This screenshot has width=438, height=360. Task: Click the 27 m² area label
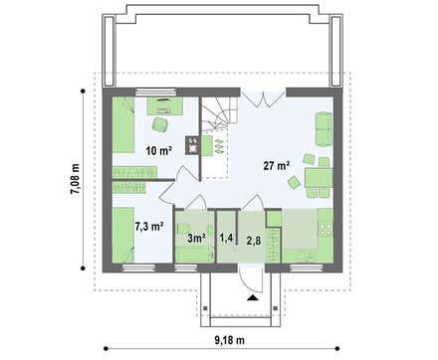277,165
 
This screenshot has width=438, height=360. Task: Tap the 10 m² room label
158,151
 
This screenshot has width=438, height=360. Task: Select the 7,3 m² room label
148,227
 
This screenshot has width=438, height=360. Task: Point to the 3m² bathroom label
196,238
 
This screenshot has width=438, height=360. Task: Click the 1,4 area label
226,238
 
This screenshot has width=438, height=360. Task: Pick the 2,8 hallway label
253,241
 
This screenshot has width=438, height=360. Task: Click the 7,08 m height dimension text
75,179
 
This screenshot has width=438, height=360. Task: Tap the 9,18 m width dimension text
229,340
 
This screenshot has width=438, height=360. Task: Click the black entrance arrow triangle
253,297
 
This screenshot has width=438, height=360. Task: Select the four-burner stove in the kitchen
325,229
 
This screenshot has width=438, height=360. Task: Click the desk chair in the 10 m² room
159,124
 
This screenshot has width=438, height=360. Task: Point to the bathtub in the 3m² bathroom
195,255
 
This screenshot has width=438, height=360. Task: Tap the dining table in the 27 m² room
319,178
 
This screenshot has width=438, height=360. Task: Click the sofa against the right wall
324,129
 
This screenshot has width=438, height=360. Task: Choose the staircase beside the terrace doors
220,113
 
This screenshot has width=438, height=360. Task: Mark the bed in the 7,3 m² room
123,235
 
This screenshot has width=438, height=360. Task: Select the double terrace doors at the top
263,98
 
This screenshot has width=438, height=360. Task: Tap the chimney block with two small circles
192,145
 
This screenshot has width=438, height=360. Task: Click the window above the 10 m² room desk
156,92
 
